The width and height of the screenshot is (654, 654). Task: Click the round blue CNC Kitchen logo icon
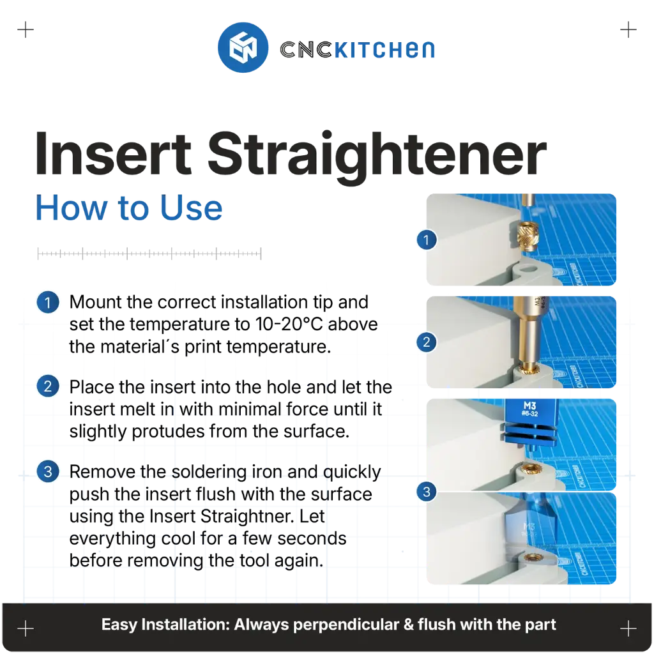point(243,47)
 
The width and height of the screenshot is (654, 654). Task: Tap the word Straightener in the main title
point(377,154)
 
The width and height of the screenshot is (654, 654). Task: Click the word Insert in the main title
point(113,154)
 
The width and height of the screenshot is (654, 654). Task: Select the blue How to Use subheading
point(129,208)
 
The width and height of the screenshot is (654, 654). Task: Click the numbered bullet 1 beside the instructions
point(48,302)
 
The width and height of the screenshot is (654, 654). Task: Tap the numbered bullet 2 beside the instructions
point(48,386)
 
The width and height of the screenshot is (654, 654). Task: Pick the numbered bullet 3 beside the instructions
point(48,471)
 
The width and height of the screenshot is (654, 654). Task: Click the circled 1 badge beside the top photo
point(426,240)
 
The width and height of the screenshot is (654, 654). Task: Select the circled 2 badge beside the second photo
point(426,342)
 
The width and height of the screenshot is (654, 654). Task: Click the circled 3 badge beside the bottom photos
point(426,492)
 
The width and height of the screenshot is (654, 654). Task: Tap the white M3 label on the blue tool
point(529,406)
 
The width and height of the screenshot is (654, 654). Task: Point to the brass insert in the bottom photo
point(532,557)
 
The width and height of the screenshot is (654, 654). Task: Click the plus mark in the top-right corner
point(628,30)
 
